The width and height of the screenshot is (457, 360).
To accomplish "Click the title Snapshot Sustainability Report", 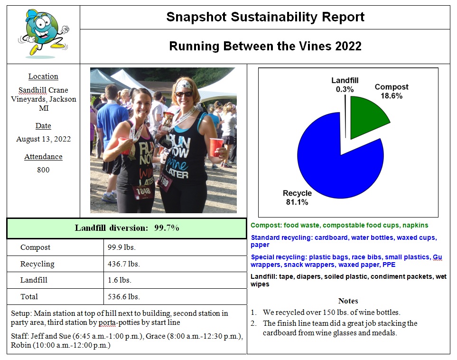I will [265, 17].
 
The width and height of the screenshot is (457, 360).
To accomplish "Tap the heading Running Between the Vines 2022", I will [265, 46].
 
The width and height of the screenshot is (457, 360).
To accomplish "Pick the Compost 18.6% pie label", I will [392, 91].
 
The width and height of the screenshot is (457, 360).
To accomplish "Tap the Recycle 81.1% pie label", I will [297, 198].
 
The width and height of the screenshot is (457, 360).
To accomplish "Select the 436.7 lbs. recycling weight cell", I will [124, 264].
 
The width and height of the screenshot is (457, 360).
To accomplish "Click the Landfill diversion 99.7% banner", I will [127, 228].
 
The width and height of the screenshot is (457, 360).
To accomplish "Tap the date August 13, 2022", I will [43, 139].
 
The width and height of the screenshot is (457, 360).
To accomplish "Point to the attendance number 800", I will [43, 170].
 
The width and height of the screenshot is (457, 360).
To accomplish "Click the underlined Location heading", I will [43, 76].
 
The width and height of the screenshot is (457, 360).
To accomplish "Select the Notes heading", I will [348, 301].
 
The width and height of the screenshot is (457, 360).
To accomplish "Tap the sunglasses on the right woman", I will [185, 94].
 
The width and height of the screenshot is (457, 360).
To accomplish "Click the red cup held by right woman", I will [217, 147].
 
